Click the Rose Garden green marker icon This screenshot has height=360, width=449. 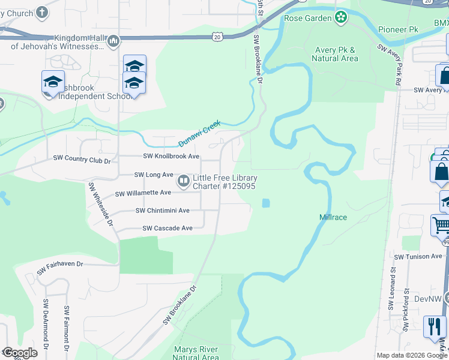pyautogui.click(x=341, y=17)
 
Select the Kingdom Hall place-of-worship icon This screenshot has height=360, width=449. pyautogui.click(x=113, y=41)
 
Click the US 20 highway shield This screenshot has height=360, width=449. pyautogui.click(x=217, y=37)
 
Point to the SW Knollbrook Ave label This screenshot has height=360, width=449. pyautogui.click(x=171, y=156)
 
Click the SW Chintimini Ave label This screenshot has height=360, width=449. pyautogui.click(x=162, y=211)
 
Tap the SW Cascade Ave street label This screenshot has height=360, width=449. pyautogui.click(x=167, y=228)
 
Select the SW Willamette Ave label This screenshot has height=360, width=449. pyautogui.click(x=143, y=193)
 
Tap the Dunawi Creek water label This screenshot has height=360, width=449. pyautogui.click(x=199, y=133)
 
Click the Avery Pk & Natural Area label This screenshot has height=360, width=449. pyautogui.click(x=335, y=54)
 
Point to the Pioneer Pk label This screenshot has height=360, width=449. pyautogui.click(x=398, y=29)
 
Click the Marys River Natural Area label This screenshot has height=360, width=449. pyautogui.click(x=196, y=353)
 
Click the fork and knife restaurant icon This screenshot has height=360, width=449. pyautogui.click(x=434, y=326)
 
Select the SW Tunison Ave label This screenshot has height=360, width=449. pyautogui.click(x=420, y=256)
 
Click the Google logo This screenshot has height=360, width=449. pyautogui.click(x=20, y=353)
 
